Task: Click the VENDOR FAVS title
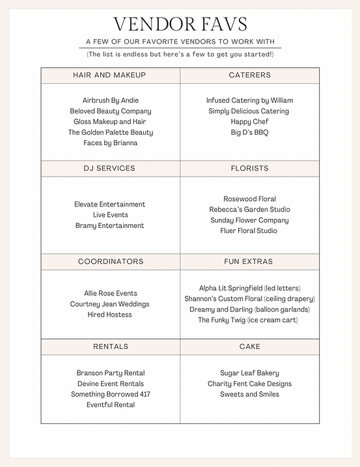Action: coord(180,25)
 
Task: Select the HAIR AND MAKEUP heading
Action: coord(110,76)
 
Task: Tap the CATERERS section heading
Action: coord(249,76)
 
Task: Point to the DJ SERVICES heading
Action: coord(110,168)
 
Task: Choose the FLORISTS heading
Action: coord(249,168)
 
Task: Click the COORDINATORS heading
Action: coord(110,262)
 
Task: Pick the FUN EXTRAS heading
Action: coord(249,262)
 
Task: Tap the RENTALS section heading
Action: coord(110,347)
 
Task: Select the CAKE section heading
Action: coord(249,347)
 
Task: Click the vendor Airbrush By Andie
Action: coord(110,100)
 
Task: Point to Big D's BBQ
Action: coord(249,132)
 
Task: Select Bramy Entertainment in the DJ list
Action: coord(110,225)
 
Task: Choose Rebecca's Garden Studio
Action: coord(249,210)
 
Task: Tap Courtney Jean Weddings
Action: coord(110,304)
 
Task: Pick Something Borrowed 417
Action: coord(110,394)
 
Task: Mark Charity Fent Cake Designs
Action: coord(249,384)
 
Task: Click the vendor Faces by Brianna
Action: coord(110,143)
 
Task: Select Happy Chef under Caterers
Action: coord(249,122)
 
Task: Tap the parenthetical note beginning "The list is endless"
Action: coord(180,54)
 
